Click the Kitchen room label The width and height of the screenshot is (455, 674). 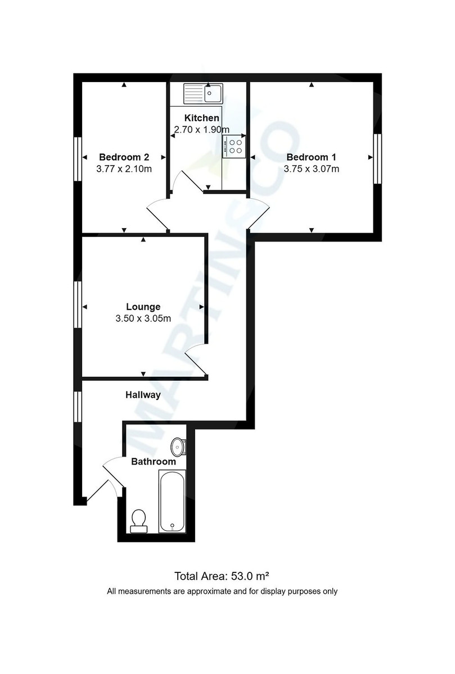(201, 118)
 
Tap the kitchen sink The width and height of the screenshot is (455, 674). (203, 94)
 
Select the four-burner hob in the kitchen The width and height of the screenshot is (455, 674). (234, 147)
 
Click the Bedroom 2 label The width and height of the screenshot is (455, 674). (124, 157)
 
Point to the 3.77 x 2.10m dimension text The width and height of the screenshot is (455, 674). (124, 169)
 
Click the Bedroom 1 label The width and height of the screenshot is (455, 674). (311, 157)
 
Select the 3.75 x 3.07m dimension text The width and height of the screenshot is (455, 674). (311, 169)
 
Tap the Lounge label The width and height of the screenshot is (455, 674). (143, 307)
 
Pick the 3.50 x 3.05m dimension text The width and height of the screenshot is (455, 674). (143, 318)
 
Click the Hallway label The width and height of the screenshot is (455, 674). (143, 395)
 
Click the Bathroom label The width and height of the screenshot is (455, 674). (154, 462)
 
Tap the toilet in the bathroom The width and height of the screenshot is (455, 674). (138, 521)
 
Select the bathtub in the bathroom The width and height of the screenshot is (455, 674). (172, 502)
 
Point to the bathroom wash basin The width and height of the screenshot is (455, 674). (178, 447)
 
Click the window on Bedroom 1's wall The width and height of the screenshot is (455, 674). (378, 158)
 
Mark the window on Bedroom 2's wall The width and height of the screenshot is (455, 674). (78, 159)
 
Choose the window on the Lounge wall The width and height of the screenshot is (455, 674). (78, 304)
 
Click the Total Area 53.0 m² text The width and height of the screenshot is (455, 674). (222, 576)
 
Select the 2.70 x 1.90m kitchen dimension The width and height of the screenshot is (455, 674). (201, 130)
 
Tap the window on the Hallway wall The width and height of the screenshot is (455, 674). (78, 407)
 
